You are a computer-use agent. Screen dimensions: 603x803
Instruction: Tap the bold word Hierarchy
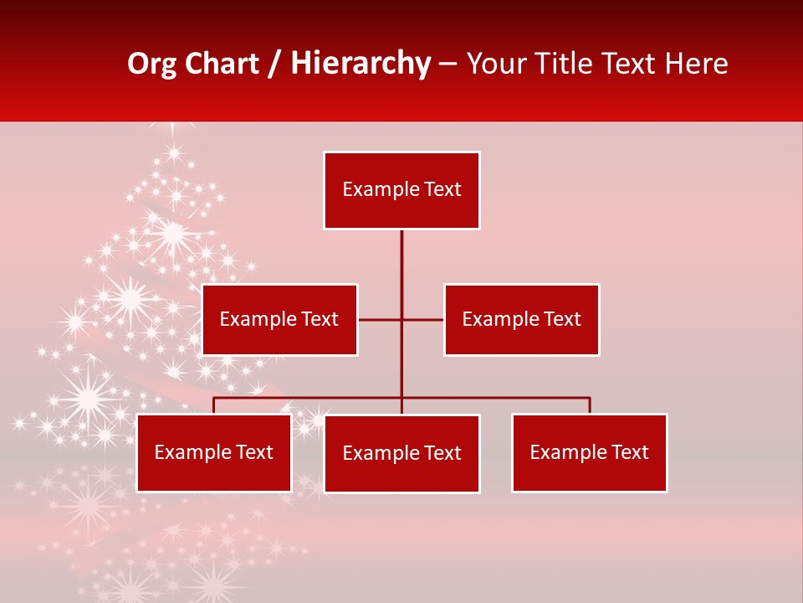[x=360, y=64]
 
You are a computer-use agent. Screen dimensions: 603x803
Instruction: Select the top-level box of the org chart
[x=401, y=190]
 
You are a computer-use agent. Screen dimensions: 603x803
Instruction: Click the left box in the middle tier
[x=279, y=319]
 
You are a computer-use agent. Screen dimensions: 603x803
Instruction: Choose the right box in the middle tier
[x=521, y=319]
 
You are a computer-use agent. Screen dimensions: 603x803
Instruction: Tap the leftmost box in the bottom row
[x=213, y=452]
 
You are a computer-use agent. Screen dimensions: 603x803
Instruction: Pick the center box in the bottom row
[x=401, y=453]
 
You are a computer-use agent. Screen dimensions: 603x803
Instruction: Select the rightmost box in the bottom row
[x=589, y=452]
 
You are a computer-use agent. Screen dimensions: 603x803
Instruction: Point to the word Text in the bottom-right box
[x=630, y=452]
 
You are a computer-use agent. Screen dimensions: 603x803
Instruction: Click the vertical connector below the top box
[x=401, y=268]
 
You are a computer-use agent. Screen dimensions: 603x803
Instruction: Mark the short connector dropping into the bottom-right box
[x=590, y=405]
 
